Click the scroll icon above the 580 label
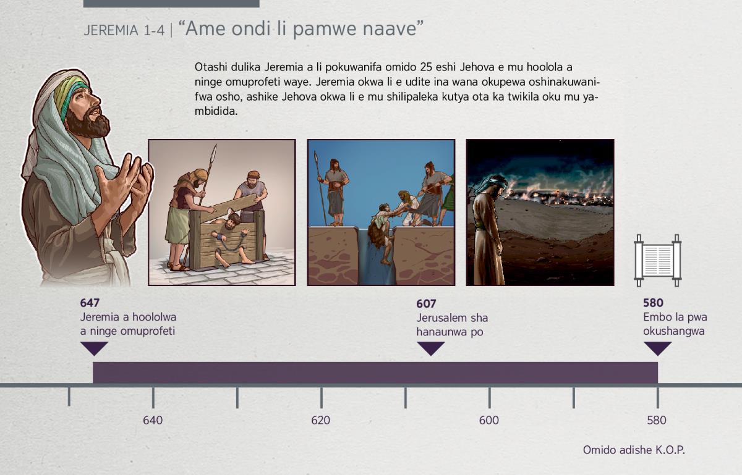pos(658,261)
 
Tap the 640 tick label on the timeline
pos(153,420)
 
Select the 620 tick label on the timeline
pos(321,420)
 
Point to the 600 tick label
pos(489,420)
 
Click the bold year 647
pos(90,303)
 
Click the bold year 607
pos(426,303)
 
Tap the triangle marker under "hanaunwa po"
pos(430,348)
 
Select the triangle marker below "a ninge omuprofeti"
pos(94,348)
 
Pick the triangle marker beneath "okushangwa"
pos(657,348)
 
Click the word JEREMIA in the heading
pos(111,30)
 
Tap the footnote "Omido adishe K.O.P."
pos(634,450)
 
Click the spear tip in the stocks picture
pos(215,151)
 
